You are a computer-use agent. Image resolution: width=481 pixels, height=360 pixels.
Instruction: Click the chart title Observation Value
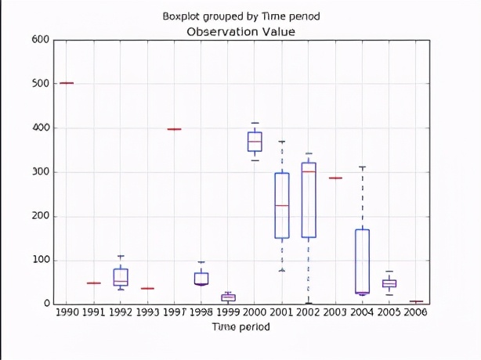240,31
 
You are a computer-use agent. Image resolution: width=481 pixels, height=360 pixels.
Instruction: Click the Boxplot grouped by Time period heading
240,16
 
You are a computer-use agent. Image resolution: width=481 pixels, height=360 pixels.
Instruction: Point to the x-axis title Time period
240,326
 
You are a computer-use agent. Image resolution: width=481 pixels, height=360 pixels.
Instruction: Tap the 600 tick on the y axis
41,40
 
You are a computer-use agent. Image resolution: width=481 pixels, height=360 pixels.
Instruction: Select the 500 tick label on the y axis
41,84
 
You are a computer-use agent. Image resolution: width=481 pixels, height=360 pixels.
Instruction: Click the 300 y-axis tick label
41,172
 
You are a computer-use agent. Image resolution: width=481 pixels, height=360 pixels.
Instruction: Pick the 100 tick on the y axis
41,261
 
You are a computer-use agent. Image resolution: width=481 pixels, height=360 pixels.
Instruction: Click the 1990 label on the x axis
67,312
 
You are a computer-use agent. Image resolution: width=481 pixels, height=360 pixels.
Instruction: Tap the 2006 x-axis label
416,312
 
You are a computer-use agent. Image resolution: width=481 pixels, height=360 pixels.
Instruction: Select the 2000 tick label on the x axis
255,312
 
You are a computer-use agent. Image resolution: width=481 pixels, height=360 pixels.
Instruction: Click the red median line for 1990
67,82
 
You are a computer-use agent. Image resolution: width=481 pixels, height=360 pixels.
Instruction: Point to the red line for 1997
174,129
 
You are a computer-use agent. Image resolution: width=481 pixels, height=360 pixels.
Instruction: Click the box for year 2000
255,142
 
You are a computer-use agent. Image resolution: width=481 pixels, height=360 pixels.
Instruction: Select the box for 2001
281,205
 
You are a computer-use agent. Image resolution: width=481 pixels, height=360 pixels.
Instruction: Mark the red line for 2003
335,178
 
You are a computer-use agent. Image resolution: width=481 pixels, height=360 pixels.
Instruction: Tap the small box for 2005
389,283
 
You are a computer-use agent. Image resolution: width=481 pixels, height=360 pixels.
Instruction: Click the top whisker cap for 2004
362,167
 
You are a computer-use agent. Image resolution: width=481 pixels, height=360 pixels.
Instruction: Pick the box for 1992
121,278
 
